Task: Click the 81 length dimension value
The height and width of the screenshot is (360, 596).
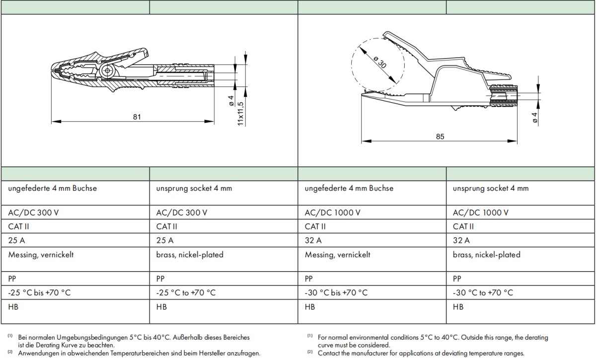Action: click(137, 117)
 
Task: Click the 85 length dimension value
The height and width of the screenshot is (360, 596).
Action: click(440, 137)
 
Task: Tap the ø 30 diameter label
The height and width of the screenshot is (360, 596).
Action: click(379, 63)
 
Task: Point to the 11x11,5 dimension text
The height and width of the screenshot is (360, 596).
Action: click(240, 114)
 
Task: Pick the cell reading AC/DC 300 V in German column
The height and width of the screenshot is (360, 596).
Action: click(33, 213)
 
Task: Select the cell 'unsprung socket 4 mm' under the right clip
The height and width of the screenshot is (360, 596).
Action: click(491, 188)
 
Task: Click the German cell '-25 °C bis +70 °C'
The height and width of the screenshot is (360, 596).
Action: click(39, 292)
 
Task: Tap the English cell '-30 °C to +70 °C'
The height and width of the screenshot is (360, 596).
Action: click(483, 292)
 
